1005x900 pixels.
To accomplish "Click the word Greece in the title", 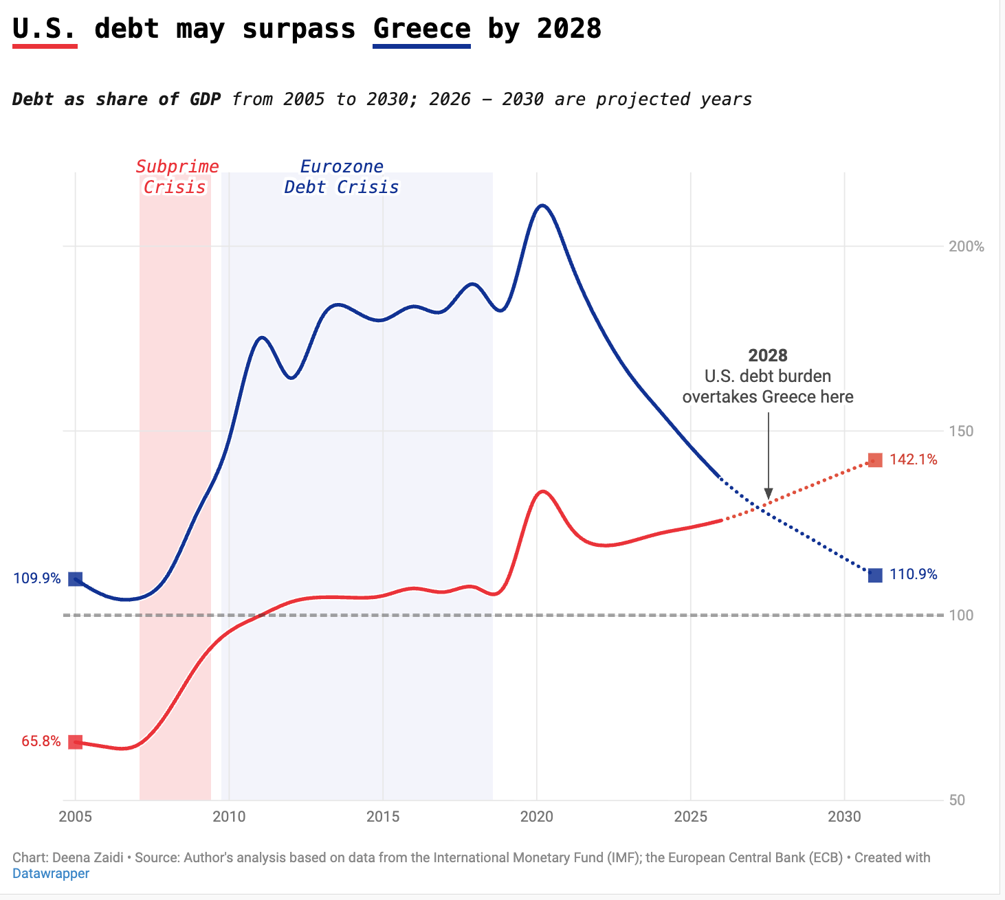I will (421, 29).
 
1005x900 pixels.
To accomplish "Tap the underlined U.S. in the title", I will (45, 29).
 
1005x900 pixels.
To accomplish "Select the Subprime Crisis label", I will (176, 177).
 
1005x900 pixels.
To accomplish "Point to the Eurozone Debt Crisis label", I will (342, 177).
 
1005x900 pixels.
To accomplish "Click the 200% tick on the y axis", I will (966, 246).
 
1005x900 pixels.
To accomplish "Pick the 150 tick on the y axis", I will (961, 431).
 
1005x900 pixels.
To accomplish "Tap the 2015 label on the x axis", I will (382, 816).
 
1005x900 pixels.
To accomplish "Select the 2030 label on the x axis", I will (844, 816).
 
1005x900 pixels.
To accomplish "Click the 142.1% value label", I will (913, 460).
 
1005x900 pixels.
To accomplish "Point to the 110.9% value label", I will (913, 574).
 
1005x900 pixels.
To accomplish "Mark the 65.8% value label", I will (41, 741).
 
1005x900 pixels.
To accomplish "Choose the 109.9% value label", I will (37, 578).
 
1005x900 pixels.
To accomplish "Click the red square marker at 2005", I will (76, 742).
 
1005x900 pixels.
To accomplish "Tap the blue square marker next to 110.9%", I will (875, 575).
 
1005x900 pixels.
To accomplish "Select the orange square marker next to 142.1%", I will (875, 460).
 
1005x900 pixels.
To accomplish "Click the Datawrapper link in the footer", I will (51, 873).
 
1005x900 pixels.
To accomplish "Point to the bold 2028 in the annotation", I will (768, 355).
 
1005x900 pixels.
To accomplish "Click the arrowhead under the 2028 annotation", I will (769, 495).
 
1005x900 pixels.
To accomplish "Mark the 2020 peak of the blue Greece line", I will (542, 205).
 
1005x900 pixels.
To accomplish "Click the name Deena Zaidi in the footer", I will (88, 857).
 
